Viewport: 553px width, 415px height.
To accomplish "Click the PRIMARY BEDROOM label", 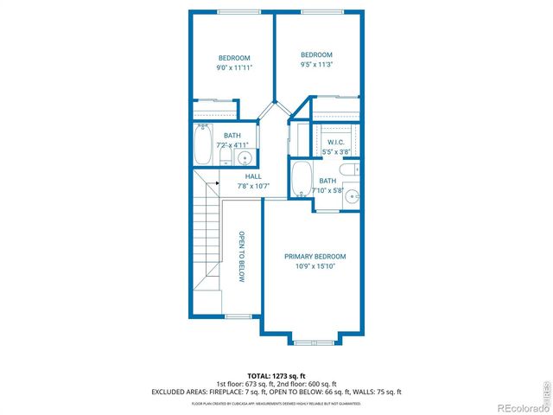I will pyautogui.click(x=315, y=257).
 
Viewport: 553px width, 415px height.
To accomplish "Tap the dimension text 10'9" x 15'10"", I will pyautogui.click(x=315, y=267).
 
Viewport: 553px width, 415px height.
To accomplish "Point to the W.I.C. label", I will pyautogui.click(x=335, y=141).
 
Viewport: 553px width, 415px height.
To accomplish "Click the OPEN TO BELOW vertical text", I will pyautogui.click(x=242, y=257).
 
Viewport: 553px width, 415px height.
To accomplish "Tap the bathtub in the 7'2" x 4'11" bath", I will pyautogui.click(x=203, y=145).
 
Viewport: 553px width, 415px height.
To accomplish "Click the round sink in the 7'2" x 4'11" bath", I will pyautogui.click(x=245, y=157).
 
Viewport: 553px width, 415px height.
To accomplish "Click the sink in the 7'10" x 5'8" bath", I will pyautogui.click(x=352, y=197).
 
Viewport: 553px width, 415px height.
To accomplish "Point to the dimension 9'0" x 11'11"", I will pyautogui.click(x=233, y=67).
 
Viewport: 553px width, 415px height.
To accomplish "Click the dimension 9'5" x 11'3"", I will pyautogui.click(x=316, y=64).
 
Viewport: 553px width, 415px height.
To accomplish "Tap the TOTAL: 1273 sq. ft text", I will pyautogui.click(x=276, y=375).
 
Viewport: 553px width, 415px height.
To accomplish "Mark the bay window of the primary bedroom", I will pyautogui.click(x=314, y=341).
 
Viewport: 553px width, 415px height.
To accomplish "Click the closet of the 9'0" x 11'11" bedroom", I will pyautogui.click(x=213, y=110).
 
